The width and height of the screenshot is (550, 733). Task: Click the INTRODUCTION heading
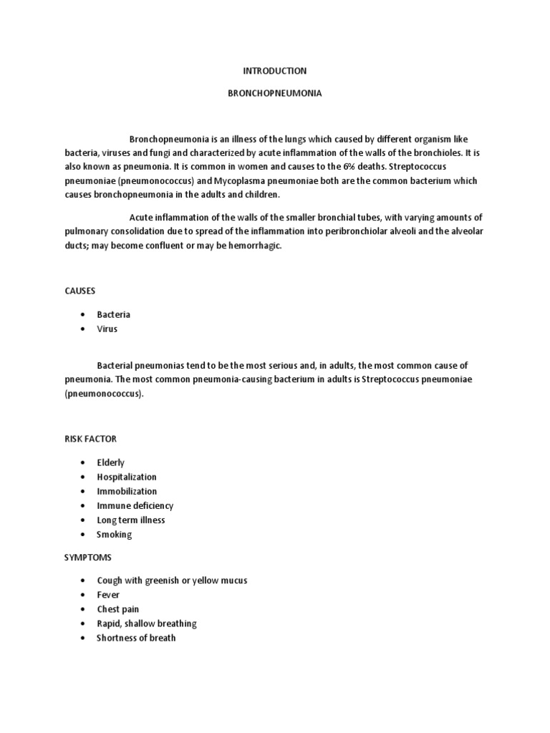point(275,71)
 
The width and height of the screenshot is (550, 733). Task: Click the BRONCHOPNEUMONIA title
point(275,93)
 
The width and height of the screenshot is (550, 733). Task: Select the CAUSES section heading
point(79,291)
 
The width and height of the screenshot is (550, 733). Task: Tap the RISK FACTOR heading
point(90,438)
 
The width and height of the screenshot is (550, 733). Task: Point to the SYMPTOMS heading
point(88,557)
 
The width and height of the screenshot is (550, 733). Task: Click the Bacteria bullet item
point(114,314)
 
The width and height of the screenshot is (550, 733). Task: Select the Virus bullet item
point(107,329)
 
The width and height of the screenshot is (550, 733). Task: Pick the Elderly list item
point(111,462)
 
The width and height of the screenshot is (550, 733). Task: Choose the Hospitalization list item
point(127,477)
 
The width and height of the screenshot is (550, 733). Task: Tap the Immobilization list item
point(127,491)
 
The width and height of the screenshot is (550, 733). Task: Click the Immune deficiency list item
point(135,505)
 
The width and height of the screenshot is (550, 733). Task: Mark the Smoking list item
point(115,534)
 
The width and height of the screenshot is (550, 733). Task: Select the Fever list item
point(108,595)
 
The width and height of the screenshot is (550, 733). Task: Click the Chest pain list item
point(118,609)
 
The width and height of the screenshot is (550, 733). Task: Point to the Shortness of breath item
point(136,638)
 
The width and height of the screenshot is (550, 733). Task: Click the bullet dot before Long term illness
point(84,520)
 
